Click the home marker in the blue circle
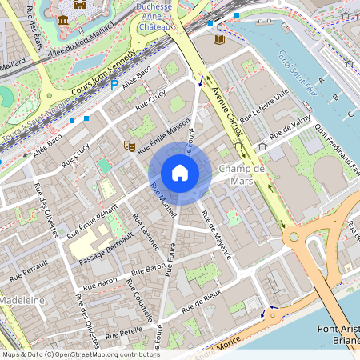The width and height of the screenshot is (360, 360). point(180,173)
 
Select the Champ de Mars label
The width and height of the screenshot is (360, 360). point(242,175)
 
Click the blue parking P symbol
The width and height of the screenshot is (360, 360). point(114,83)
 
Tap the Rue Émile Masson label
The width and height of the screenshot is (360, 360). point(164,137)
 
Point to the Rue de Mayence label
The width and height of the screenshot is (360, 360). point(216,234)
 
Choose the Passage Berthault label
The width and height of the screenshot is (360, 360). point(106,248)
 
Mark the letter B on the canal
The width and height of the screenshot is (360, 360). point(336,98)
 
